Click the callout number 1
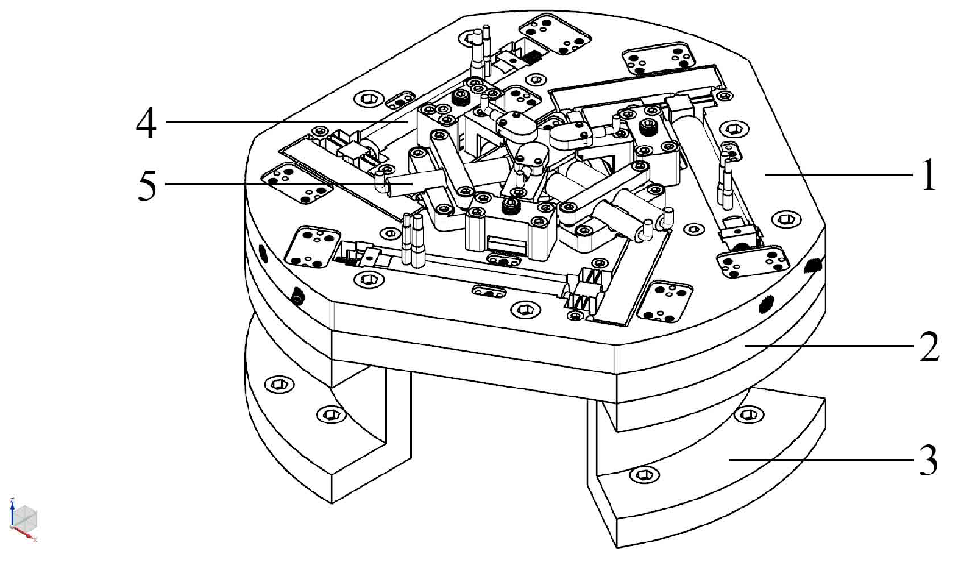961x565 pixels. pos(927,176)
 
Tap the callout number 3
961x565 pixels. pos(927,461)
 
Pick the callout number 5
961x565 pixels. pos(146,185)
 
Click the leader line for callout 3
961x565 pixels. pos(823,461)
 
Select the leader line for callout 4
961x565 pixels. pos(286,122)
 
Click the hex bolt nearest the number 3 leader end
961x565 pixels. pos(644,474)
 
